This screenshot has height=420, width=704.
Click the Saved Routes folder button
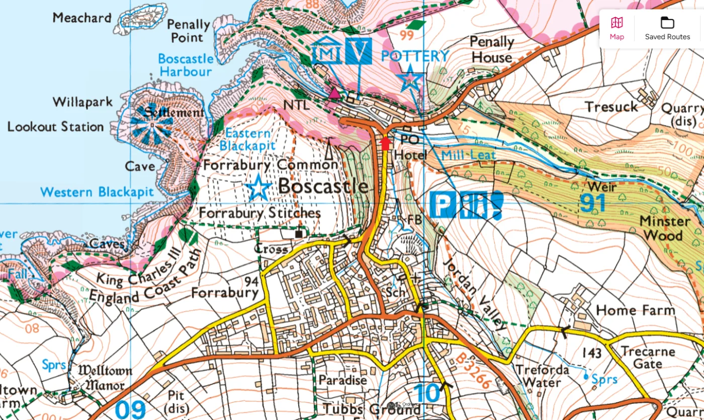(x=667, y=28)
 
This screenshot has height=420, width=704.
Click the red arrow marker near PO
(x=386, y=143)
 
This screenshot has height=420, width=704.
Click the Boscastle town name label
(x=323, y=186)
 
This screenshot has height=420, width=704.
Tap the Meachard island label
(x=82, y=18)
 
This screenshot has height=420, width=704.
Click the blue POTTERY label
(x=415, y=56)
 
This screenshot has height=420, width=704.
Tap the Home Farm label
(x=635, y=310)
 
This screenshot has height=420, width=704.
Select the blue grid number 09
(x=130, y=409)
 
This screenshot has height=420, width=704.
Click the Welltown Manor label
(x=101, y=378)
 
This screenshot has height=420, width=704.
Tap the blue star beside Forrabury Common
(x=259, y=187)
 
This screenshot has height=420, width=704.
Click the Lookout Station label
(x=55, y=127)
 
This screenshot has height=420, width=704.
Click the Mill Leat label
(x=469, y=155)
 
